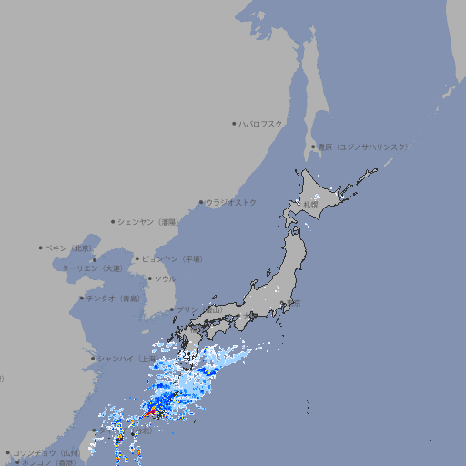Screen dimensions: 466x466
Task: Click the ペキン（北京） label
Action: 71,248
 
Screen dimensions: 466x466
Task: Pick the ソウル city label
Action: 165,279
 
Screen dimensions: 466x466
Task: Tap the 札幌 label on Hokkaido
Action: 312,204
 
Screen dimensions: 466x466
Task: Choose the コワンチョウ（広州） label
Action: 46,452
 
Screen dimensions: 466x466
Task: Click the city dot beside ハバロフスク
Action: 234,123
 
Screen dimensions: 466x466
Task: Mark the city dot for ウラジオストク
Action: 201,202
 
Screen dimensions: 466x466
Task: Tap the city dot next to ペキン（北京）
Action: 41,248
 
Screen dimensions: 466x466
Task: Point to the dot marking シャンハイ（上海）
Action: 93,358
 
